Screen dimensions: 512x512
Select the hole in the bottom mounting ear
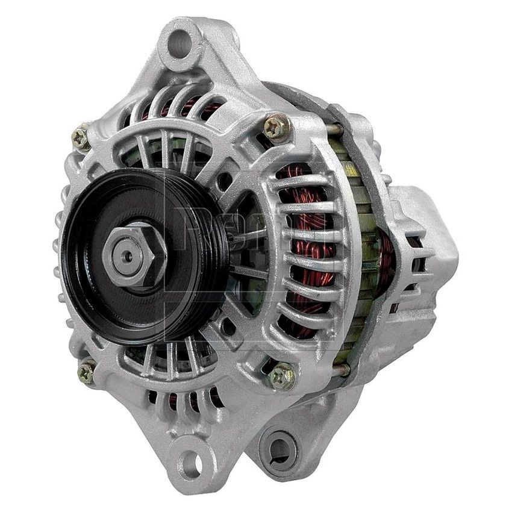(x=191, y=463)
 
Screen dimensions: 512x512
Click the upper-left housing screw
(x=80, y=138)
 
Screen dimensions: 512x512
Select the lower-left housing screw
(x=86, y=372)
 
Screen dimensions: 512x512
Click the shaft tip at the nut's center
(x=127, y=255)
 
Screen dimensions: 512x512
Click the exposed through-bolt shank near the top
(x=335, y=129)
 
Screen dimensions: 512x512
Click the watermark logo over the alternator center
(x=241, y=235)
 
